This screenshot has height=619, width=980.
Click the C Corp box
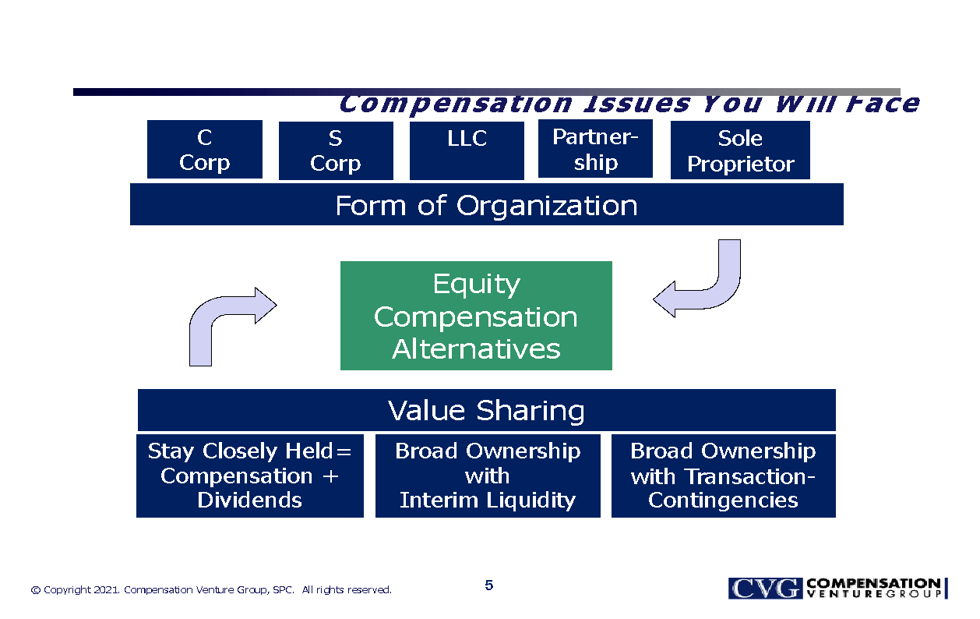[x=204, y=149]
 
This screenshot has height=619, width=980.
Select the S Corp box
[x=335, y=150]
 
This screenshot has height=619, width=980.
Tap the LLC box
[x=467, y=150]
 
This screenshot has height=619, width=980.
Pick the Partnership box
[x=595, y=149]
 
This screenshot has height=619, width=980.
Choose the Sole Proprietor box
[x=740, y=150]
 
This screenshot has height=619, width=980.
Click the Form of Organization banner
[x=486, y=205]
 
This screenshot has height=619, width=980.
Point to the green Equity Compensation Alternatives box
[x=476, y=316]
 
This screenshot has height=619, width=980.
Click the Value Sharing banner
[x=486, y=410]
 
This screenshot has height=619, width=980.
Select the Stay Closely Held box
[x=249, y=476]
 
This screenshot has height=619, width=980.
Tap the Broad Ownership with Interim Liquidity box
[x=488, y=476]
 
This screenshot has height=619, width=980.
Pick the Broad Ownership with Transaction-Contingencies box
[x=723, y=476]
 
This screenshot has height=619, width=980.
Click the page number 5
[x=488, y=585]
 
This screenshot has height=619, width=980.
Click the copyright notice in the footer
[x=211, y=590]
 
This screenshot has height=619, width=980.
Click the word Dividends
[x=249, y=500]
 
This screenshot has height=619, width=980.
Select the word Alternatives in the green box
[x=476, y=348]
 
